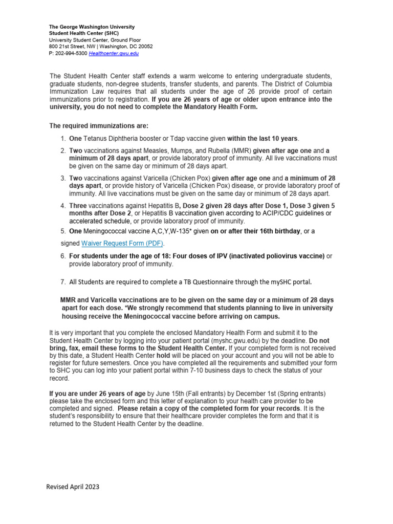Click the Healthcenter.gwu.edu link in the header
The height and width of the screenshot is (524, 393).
pos(114,53)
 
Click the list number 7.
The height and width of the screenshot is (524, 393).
pos(62,281)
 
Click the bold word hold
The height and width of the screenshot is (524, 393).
pos(163,355)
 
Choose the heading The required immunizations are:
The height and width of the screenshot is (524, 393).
pos(98,125)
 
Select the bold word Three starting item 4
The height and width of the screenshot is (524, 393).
pos(79,205)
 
